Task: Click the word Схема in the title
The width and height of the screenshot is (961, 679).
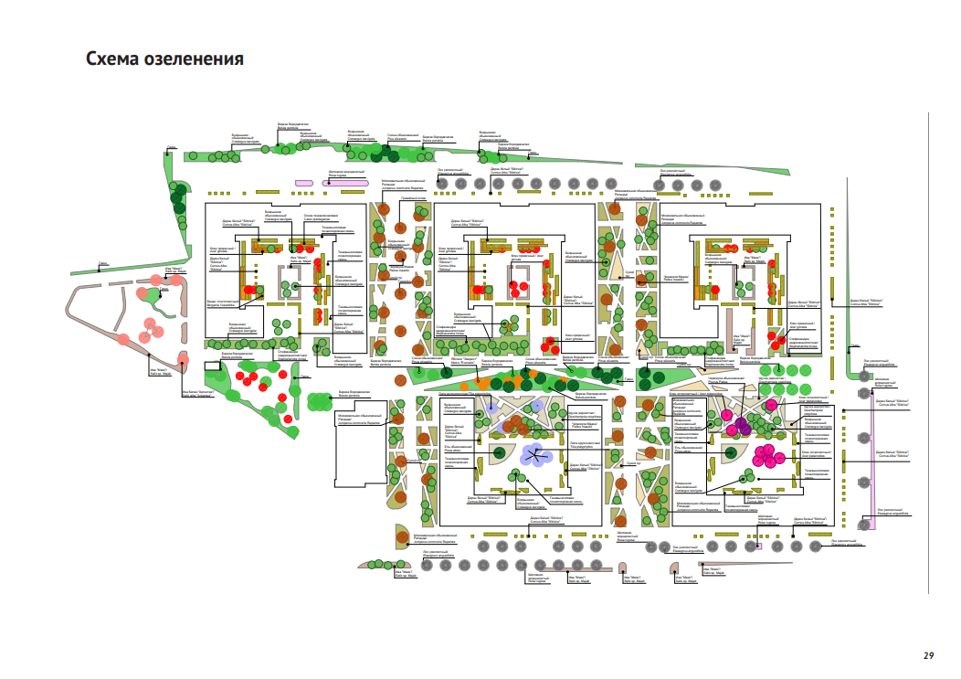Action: pyautogui.click(x=112, y=60)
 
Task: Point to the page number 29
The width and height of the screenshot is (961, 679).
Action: pyautogui.click(x=928, y=655)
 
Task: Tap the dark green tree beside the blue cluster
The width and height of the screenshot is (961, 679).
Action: pyautogui.click(x=499, y=452)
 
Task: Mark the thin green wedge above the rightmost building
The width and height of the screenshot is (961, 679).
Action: pyautogui.click(x=731, y=168)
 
